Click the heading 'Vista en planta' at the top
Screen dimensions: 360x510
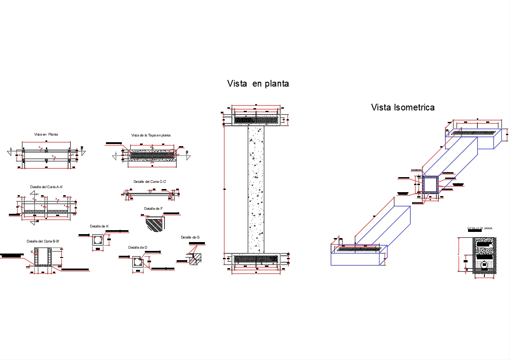pyautogui.click(x=258, y=83)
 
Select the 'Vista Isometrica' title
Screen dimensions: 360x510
pyautogui.click(x=403, y=107)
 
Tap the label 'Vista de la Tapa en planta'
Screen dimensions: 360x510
pyautogui.click(x=151, y=135)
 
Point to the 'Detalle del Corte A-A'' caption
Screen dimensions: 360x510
pyautogui.click(x=46, y=187)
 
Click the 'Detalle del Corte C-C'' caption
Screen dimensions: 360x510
pyautogui.click(x=150, y=182)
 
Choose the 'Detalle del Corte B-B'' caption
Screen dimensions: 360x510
pyautogui.click(x=43, y=241)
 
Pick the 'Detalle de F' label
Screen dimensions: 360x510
pyautogui.click(x=153, y=208)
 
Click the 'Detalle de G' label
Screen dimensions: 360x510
pyautogui.click(x=190, y=238)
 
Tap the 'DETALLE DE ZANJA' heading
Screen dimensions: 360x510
pyautogui.click(x=480, y=228)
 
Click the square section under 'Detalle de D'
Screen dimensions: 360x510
pyautogui.click(x=138, y=262)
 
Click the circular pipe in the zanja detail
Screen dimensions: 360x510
pyautogui.click(x=484, y=265)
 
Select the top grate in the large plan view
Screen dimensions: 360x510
pyautogui.click(x=256, y=120)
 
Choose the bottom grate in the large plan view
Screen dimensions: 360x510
pyautogui.click(x=256, y=258)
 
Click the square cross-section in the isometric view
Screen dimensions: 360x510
pyautogui.click(x=431, y=184)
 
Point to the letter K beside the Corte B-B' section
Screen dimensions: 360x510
pyautogui.click(x=32, y=251)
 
